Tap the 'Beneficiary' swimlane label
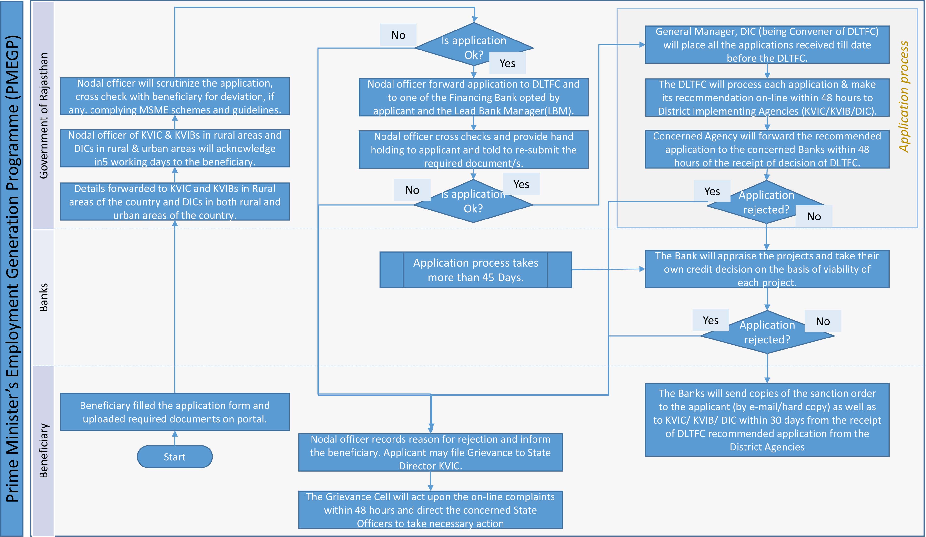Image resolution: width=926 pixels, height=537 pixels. coord(43,450)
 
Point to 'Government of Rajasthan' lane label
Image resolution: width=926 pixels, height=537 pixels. coord(43,116)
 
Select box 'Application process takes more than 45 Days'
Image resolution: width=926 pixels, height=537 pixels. coord(475,270)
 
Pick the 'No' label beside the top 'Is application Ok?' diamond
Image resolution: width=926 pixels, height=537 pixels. coord(398,35)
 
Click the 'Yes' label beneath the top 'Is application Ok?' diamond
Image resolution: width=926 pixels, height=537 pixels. coord(507,63)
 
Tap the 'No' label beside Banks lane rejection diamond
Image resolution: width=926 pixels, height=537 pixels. coord(822,321)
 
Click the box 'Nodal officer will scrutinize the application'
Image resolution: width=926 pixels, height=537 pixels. coord(175,96)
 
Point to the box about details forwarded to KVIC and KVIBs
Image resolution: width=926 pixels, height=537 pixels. coord(175,202)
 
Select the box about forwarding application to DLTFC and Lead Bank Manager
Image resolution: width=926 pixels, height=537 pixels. coord(473,97)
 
